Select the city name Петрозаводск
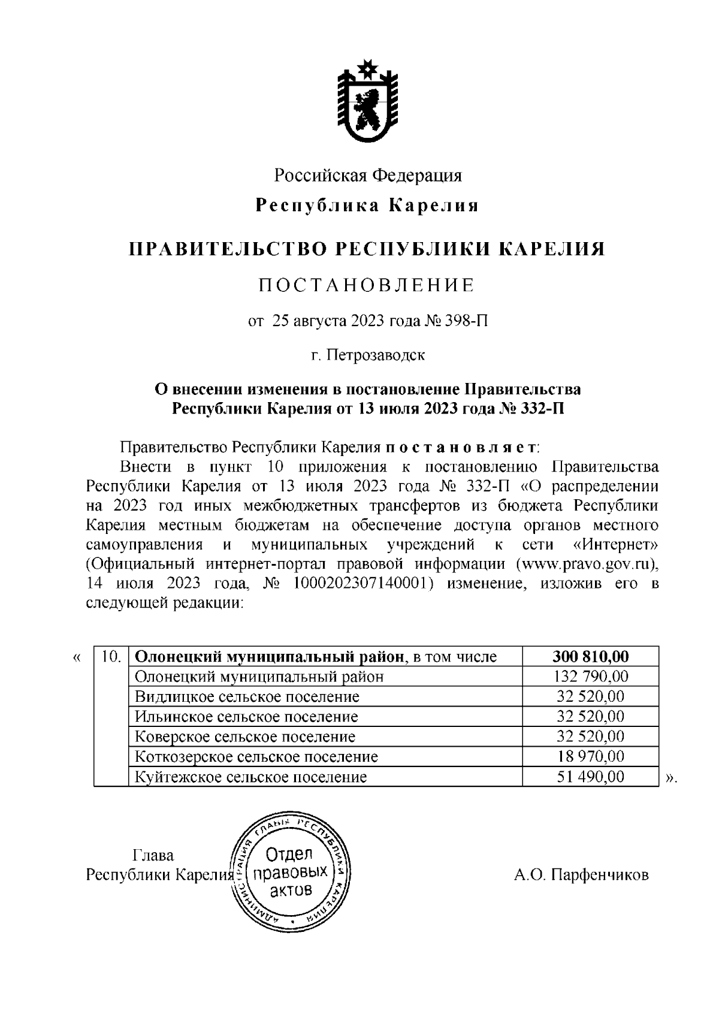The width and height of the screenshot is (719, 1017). pyautogui.click(x=376, y=355)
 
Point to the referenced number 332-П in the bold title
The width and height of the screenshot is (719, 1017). pyautogui.click(x=542, y=409)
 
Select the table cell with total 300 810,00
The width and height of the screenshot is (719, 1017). pyautogui.click(x=590, y=657)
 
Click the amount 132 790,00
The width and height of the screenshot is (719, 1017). pyautogui.click(x=590, y=677)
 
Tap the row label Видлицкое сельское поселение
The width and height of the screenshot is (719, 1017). pyautogui.click(x=247, y=696)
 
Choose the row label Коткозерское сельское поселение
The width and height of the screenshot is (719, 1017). pyautogui.click(x=256, y=757)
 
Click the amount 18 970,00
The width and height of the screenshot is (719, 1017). pyautogui.click(x=590, y=757)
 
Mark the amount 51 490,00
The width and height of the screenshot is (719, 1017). pyautogui.click(x=590, y=777)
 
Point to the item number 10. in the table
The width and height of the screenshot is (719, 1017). pyautogui.click(x=112, y=657)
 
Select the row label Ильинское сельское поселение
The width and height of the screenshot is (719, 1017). pyautogui.click(x=246, y=717)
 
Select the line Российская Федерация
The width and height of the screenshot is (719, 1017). pyautogui.click(x=368, y=176)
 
